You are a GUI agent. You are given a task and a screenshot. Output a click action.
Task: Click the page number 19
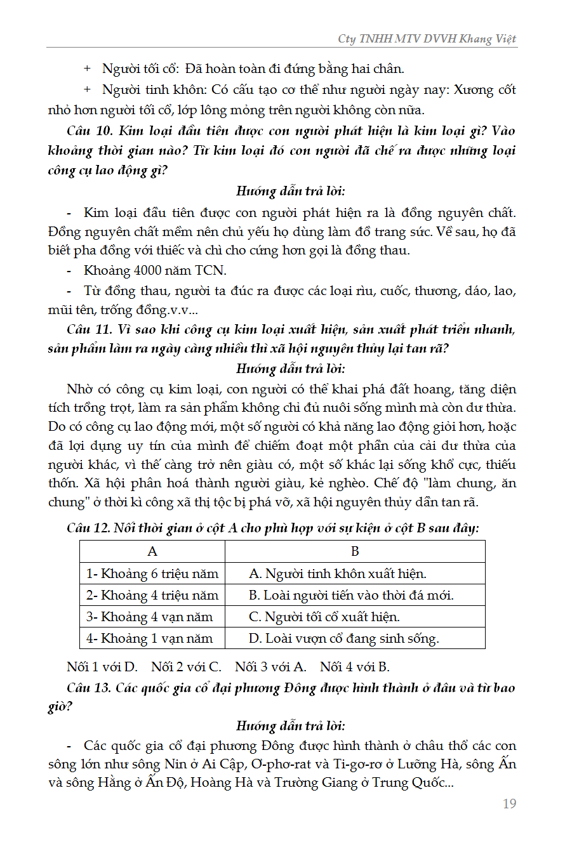coord(509,804)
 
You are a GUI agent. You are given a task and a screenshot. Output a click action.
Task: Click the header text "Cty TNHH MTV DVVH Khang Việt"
coord(427,39)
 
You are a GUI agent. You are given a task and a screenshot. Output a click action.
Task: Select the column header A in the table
coord(152,551)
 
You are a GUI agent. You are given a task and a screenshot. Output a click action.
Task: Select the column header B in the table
coord(355,551)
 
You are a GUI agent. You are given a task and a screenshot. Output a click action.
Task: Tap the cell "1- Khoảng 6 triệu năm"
coord(152,574)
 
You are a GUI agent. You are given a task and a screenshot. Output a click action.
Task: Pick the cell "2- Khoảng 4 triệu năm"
coord(152,595)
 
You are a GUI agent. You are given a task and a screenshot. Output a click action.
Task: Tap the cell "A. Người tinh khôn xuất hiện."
coord(338,574)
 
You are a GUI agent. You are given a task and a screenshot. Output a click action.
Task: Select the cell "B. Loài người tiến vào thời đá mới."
coord(351,595)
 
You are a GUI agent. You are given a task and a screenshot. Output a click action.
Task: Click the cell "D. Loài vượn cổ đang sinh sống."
coord(343,638)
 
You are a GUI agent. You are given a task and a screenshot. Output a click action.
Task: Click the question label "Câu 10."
coord(89,131)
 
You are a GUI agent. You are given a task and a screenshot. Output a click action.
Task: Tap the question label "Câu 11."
coord(89,329)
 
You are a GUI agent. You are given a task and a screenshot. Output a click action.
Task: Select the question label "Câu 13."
coord(89,688)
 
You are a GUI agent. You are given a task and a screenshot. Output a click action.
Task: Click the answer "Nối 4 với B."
coord(355,667)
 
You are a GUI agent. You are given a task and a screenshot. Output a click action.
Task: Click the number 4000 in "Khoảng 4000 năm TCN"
coord(150,270)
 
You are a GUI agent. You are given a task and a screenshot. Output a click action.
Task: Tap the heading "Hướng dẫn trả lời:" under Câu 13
coord(291,726)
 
